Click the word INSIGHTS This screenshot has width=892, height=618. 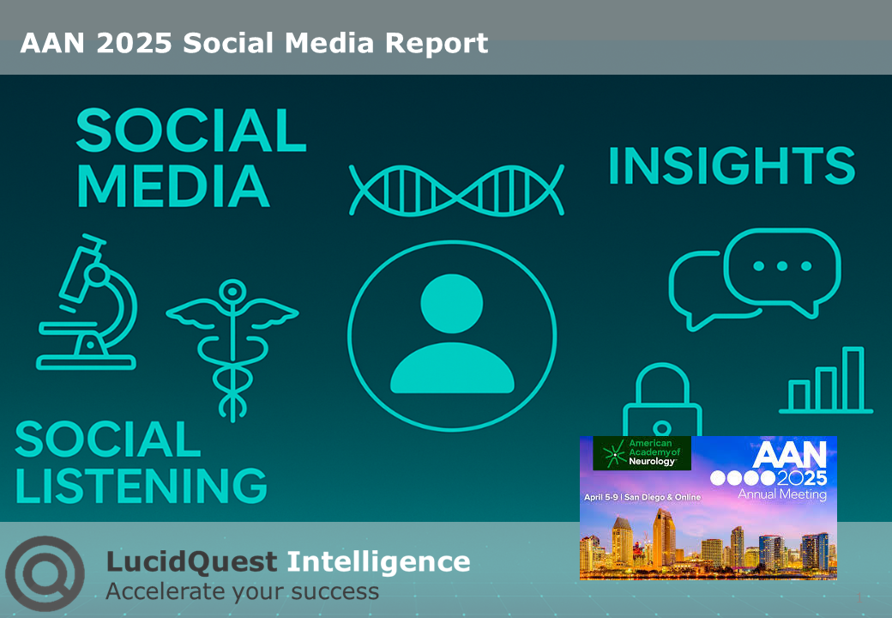[732, 166]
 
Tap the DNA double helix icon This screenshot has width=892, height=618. [456, 189]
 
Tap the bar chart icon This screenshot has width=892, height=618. [825, 381]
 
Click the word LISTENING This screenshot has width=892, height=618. [141, 485]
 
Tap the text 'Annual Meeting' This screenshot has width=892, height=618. [782, 494]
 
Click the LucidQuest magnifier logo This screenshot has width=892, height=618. [45, 573]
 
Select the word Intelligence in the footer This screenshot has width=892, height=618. [377, 562]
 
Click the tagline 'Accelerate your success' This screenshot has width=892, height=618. [242, 591]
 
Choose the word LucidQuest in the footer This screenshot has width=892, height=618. [191, 562]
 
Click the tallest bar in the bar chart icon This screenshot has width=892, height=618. [852, 379]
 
